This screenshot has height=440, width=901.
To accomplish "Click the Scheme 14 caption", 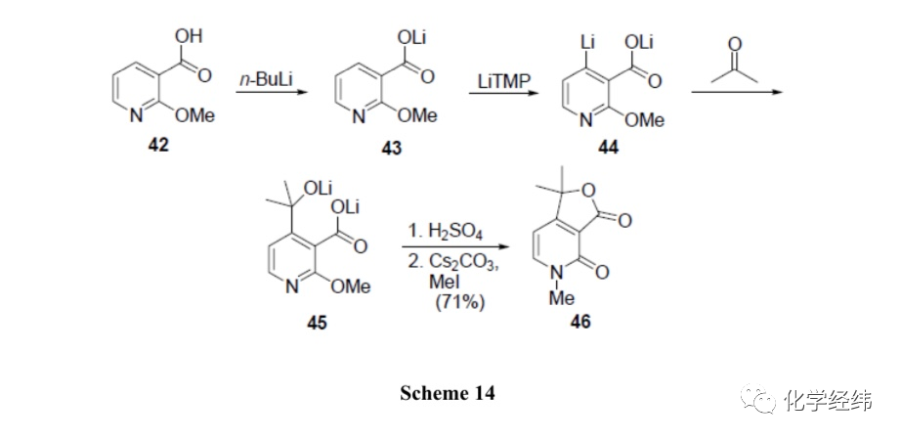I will pyautogui.click(x=448, y=393).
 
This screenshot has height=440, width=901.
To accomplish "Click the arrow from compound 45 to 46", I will pyautogui.click(x=456, y=248).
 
